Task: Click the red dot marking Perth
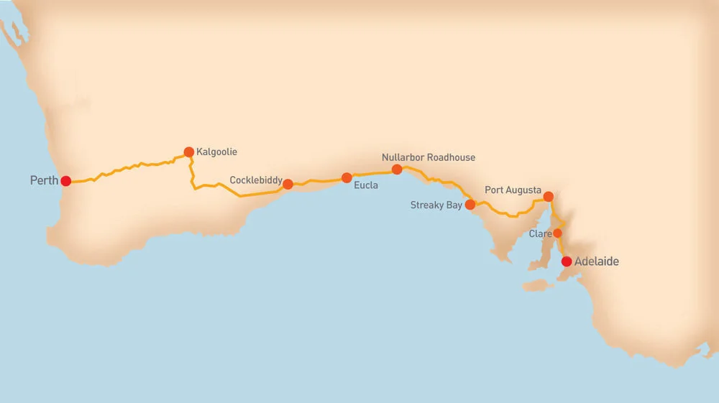65,181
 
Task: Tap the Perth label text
44,180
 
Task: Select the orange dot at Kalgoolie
188,152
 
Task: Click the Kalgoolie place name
216,152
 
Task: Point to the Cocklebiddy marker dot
288,184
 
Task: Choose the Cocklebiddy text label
256,180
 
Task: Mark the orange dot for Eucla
347,177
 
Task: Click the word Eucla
366,185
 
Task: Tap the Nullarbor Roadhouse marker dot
396,170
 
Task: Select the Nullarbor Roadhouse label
429,157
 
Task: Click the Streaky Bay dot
470,204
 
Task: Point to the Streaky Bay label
436,205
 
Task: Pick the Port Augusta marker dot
548,196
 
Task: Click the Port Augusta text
513,190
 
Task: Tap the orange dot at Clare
557,233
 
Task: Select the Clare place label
540,234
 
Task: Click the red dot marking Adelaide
567,261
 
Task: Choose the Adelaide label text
597,262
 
